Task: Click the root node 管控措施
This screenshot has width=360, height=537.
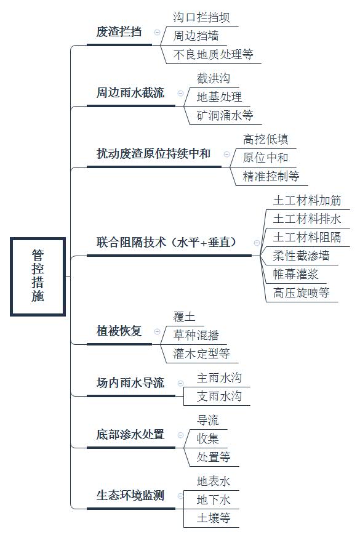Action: tap(38, 277)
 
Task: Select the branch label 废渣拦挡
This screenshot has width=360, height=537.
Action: tap(119, 32)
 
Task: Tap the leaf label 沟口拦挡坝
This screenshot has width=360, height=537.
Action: tap(201, 17)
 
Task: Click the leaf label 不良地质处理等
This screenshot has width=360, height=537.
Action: tap(213, 54)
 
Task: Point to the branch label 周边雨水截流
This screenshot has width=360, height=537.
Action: tap(130, 93)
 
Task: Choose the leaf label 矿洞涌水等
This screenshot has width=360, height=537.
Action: tap(225, 115)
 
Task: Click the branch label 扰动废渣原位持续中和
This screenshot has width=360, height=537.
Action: tap(153, 154)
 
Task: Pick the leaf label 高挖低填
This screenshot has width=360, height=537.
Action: tap(266, 139)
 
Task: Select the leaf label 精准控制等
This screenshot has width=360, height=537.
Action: tap(271, 176)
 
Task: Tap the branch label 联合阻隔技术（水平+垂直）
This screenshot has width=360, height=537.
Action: tap(166, 243)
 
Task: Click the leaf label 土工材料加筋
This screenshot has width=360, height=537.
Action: tap(307, 200)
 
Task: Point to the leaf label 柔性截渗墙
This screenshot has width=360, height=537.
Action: tap(301, 256)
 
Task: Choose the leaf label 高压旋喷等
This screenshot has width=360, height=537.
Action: tap(301, 293)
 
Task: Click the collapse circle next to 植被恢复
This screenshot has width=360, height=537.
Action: tap(157, 331)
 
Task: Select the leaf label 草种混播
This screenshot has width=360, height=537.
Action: tap(196, 335)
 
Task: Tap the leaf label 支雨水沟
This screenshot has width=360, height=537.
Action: tap(219, 396)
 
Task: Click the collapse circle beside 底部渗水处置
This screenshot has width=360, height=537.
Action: tap(180, 435)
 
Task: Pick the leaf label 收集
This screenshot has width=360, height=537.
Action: tap(207, 438)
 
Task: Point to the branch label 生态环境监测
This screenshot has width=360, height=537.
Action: tap(130, 496)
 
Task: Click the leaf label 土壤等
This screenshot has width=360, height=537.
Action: tap(214, 518)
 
